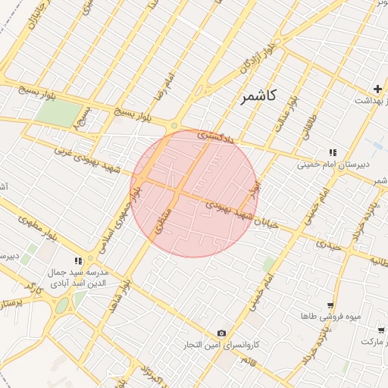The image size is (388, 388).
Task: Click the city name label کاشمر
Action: (259, 96)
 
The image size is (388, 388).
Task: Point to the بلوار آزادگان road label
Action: (256, 61)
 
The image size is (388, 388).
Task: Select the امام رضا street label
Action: (168, 87)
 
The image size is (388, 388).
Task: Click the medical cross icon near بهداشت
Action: (377, 89)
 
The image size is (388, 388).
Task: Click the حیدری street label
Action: (330, 245)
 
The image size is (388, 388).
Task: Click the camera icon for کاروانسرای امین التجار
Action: (221, 333)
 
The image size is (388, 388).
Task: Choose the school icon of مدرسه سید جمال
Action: (78, 261)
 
